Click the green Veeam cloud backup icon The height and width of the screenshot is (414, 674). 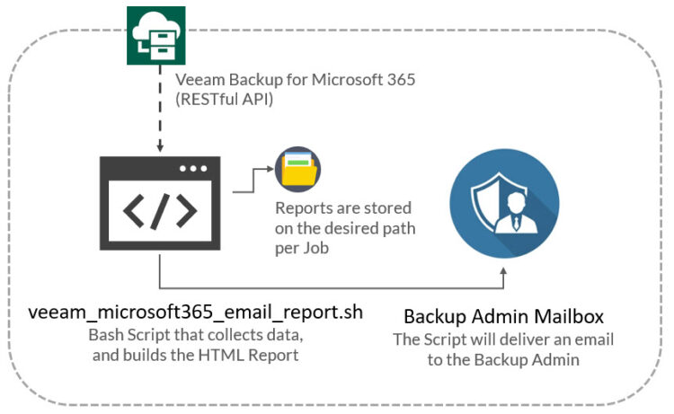[x=156, y=36]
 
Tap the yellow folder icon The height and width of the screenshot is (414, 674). [x=297, y=169]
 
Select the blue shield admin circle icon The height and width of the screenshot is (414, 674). [x=504, y=204]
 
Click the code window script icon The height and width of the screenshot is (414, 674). [x=160, y=203]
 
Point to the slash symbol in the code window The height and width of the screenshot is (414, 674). [x=160, y=211]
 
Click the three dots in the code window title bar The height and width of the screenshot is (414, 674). [x=193, y=168]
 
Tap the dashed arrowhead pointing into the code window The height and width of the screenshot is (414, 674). [x=160, y=148]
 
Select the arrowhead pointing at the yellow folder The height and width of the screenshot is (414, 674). [x=270, y=169]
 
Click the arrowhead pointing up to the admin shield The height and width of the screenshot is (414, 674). [x=504, y=272]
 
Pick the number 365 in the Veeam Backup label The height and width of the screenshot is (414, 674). [x=401, y=79]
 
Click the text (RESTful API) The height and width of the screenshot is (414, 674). [x=224, y=99]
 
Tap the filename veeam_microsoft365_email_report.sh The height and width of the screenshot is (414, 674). [x=196, y=313]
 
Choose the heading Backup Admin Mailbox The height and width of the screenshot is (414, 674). [x=504, y=316]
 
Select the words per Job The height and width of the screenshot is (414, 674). [x=302, y=248]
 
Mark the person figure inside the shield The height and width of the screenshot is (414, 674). [x=516, y=213]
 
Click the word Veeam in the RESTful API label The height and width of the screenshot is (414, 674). [x=200, y=79]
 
